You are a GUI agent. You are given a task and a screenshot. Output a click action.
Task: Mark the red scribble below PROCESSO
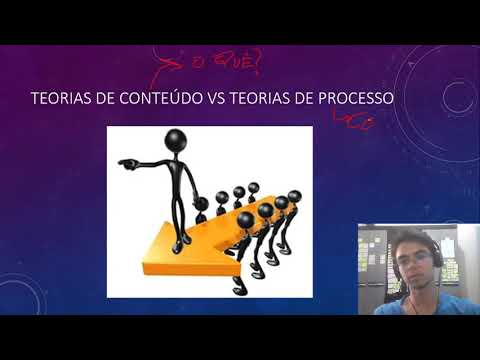(355, 122)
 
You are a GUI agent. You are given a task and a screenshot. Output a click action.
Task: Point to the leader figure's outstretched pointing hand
(124, 161)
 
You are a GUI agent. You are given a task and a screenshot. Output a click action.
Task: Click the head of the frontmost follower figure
(246, 220)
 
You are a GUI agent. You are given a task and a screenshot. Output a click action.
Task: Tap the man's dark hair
(409, 237)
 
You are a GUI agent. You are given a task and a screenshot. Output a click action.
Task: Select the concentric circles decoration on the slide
(455, 97)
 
